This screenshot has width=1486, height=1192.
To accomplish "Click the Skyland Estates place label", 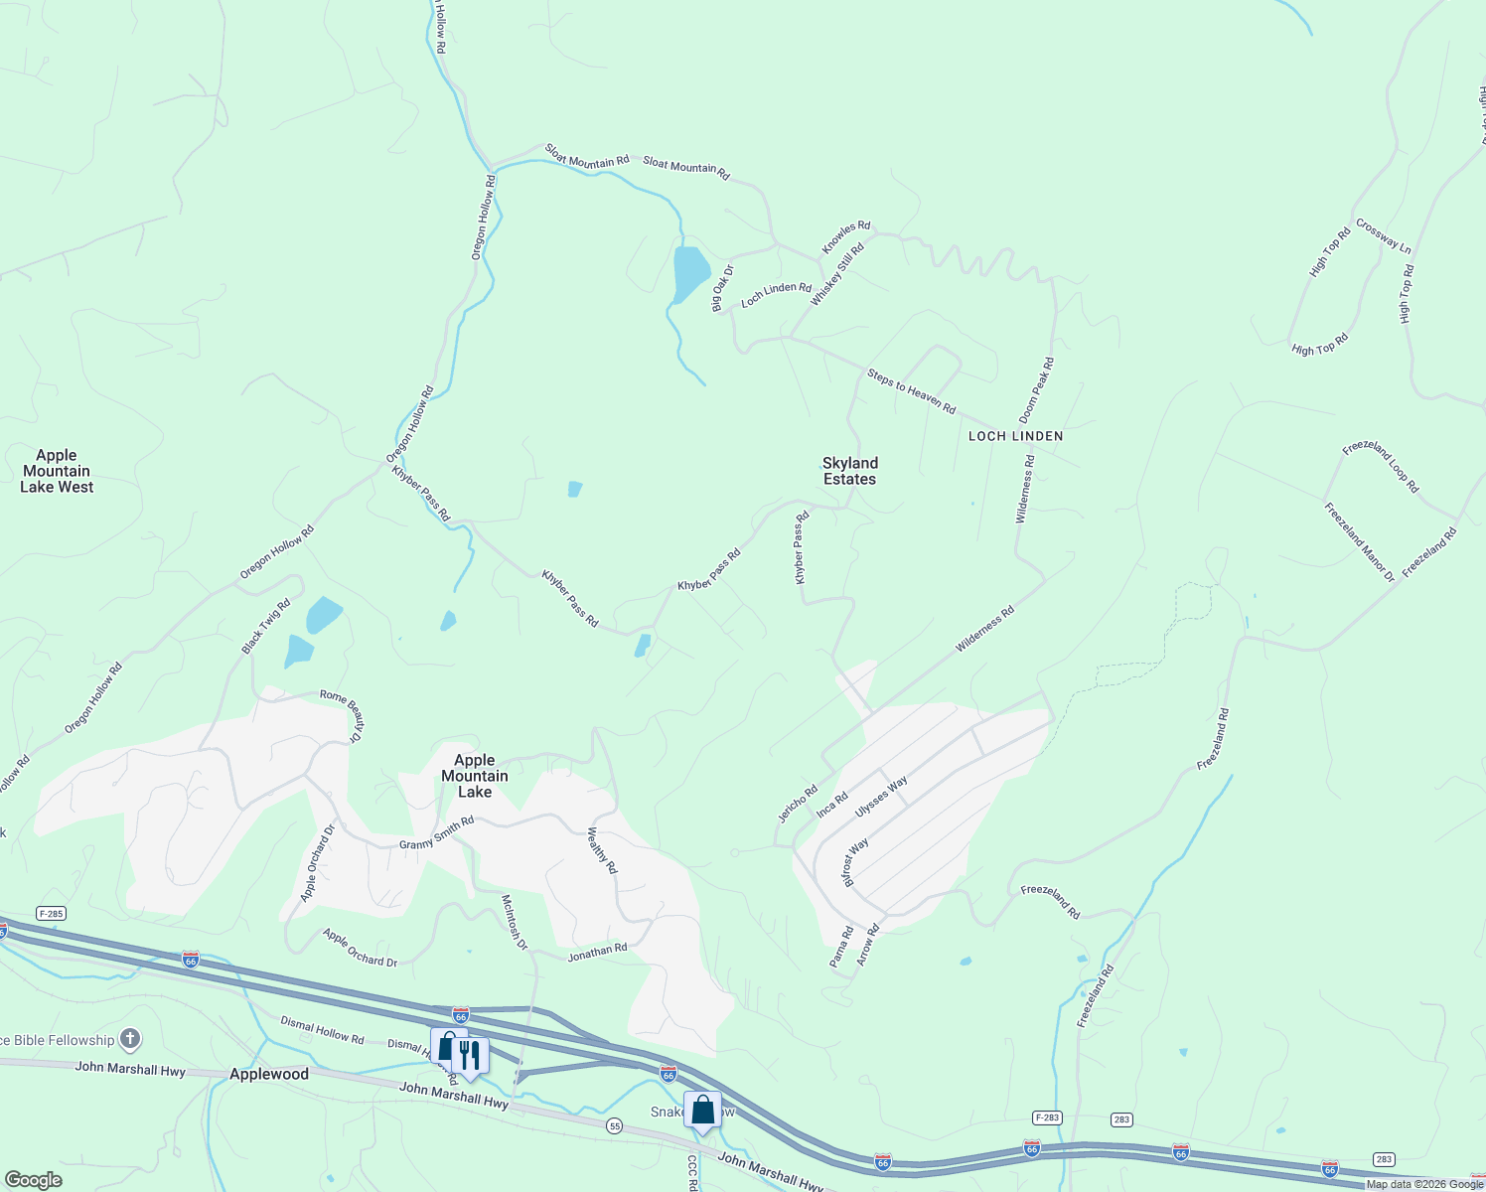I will (849, 471).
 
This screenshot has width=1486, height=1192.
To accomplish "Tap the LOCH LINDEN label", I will (1015, 436).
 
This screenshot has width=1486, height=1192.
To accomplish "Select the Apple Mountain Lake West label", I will (57, 471).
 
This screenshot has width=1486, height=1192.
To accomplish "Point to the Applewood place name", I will (269, 1074).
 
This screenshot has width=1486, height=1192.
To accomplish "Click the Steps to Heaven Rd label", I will (911, 391).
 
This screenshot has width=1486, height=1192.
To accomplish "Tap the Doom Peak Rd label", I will (1036, 390).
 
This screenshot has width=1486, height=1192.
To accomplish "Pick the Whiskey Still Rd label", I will (836, 275).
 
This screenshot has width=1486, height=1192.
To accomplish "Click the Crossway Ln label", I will (1383, 236).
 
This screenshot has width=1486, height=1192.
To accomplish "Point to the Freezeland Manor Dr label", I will (1359, 542).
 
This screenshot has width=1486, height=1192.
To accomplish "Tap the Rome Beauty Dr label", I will (341, 714).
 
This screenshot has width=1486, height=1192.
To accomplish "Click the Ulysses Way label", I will (881, 798).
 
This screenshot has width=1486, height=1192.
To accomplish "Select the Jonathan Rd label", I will (597, 953).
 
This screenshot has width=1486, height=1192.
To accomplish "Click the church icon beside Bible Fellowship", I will (129, 1040).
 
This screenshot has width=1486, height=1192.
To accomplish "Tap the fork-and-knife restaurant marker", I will (470, 1055).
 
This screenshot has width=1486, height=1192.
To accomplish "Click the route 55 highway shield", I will (615, 1125).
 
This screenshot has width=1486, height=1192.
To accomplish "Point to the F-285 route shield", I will (52, 913).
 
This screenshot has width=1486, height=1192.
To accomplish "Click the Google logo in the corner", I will (34, 1180).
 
